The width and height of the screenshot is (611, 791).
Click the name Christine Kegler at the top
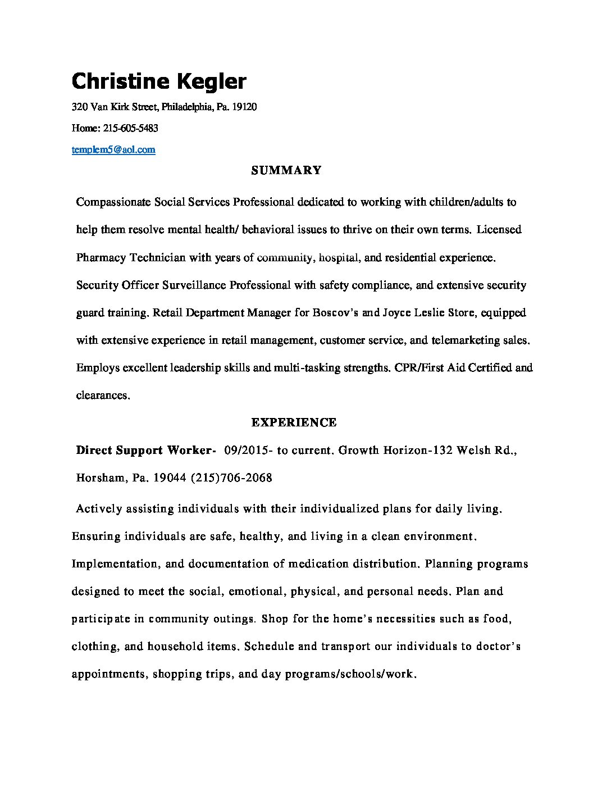point(159,81)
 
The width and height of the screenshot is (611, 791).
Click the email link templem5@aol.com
point(113,149)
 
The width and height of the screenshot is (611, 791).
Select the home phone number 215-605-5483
point(131,128)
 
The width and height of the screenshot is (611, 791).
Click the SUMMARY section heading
point(286,170)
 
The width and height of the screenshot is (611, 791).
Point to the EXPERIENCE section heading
point(294,422)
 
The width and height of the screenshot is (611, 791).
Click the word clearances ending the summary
point(102,395)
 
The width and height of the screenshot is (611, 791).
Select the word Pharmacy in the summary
point(101,258)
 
